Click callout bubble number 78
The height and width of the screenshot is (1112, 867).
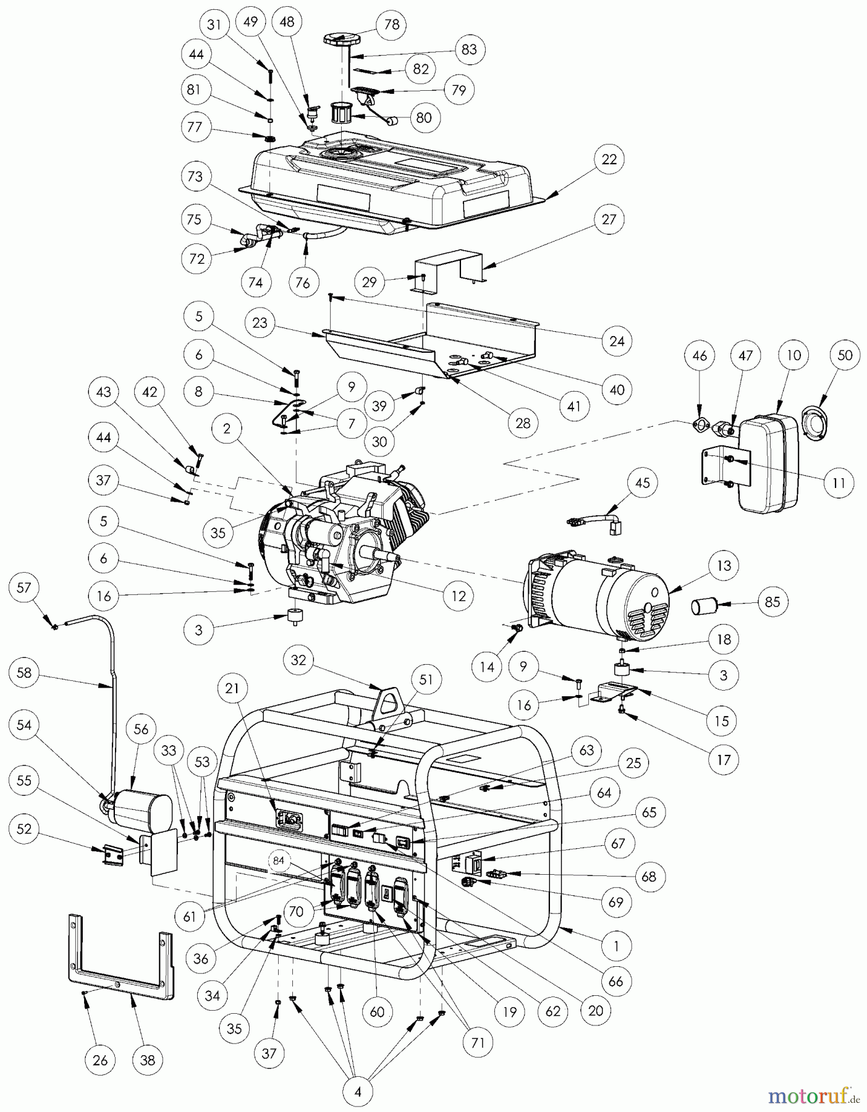392,25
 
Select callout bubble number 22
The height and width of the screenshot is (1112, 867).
609,159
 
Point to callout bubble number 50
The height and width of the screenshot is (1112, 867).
845,355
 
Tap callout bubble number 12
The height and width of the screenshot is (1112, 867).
459,596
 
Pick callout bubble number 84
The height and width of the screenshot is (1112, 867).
279,861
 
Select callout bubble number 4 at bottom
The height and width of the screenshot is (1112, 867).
358,1092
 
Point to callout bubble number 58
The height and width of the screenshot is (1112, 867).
24,672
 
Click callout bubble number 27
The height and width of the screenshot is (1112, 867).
609,219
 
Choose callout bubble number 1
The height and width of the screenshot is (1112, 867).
616,945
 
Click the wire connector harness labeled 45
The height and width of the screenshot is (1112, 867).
598,520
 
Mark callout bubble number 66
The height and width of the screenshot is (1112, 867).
616,981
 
